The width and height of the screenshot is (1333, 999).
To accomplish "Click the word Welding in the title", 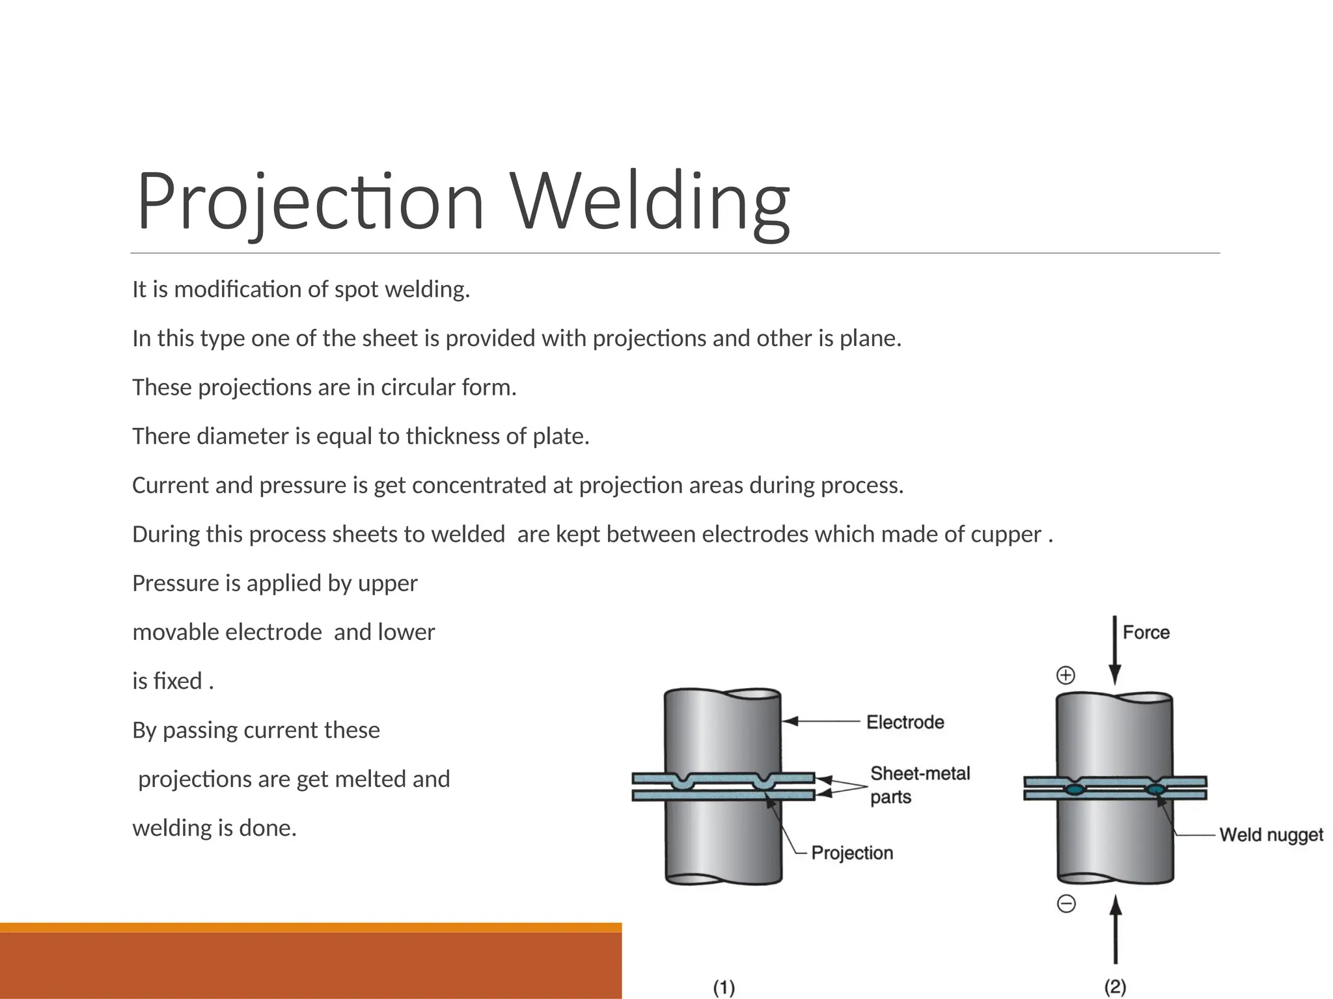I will tap(650, 201).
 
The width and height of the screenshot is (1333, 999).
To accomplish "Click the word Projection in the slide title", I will tap(310, 201).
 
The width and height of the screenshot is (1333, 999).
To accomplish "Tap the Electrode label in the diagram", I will tap(905, 722).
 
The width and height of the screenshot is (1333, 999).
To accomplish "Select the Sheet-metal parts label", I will tap(920, 785).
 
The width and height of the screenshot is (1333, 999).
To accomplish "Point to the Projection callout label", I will tap(852, 853).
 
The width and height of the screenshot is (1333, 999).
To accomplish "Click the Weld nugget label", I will tap(1271, 834).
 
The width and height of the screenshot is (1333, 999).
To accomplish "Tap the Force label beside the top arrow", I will tap(1146, 632).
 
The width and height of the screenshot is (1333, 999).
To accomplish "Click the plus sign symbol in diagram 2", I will tap(1065, 675).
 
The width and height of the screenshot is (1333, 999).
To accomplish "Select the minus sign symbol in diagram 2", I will tap(1066, 903).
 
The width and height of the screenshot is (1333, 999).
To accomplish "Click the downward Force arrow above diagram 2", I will tap(1114, 650).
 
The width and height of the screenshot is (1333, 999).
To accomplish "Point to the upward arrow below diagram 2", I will tap(1116, 930).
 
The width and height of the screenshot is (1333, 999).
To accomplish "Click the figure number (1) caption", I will tap(724, 987).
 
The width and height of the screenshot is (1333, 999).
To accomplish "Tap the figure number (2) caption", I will tap(1115, 987).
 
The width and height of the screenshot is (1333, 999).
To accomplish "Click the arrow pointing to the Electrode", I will tap(820, 721).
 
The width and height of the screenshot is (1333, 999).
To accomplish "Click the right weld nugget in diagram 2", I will tap(1155, 790).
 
